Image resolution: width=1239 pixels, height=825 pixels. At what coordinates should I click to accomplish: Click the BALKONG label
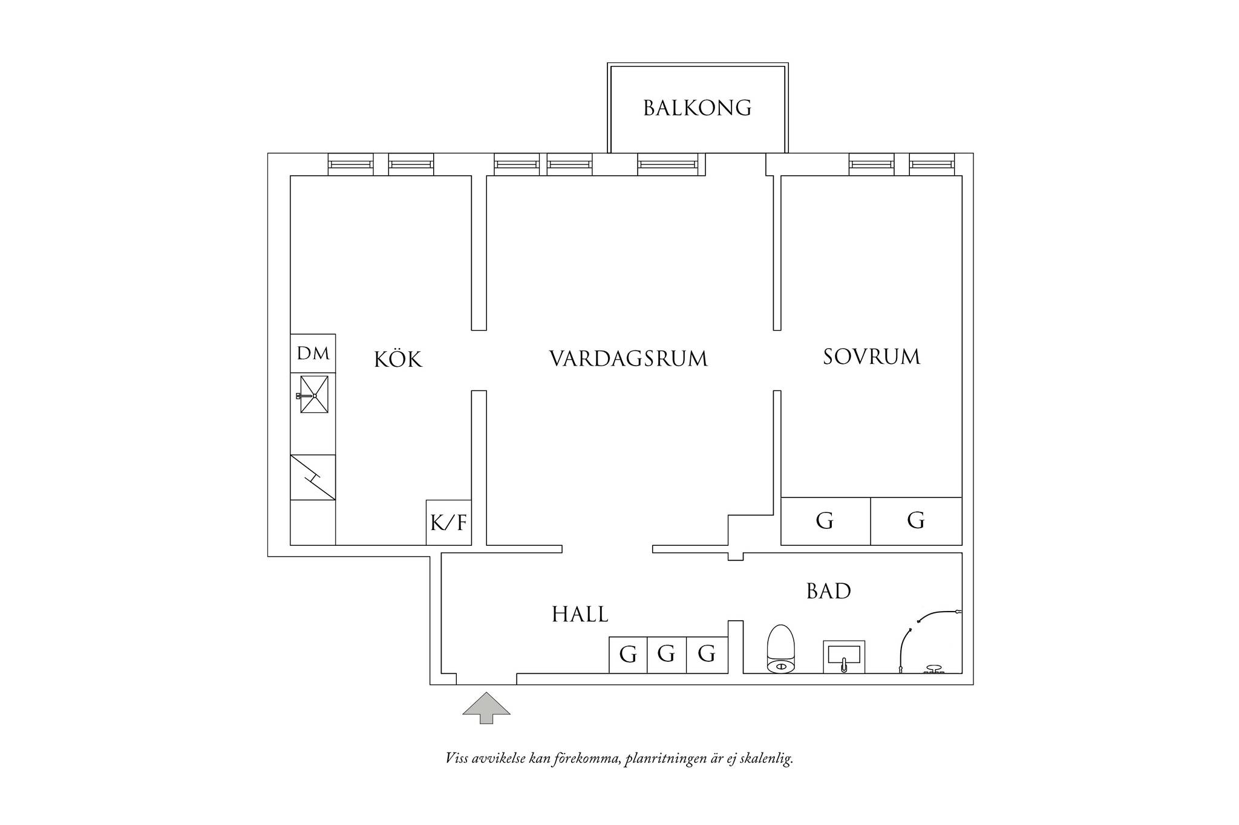pyautogui.click(x=697, y=108)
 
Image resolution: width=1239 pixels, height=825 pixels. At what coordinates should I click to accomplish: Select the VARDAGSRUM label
pyautogui.click(x=629, y=358)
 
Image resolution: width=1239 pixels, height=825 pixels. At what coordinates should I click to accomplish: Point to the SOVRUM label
pyautogui.click(x=872, y=357)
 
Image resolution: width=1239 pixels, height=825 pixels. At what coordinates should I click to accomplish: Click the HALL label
pyautogui.click(x=580, y=615)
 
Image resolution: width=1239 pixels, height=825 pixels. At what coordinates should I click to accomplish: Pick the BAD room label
pyautogui.click(x=829, y=591)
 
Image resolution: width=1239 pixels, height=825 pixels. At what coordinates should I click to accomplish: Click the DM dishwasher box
pyautogui.click(x=313, y=354)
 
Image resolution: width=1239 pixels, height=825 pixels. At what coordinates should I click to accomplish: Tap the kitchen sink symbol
pyautogui.click(x=314, y=395)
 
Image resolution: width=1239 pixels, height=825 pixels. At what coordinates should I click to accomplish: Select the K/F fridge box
pyautogui.click(x=449, y=523)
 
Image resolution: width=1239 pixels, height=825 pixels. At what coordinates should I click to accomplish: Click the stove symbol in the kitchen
pyautogui.click(x=313, y=477)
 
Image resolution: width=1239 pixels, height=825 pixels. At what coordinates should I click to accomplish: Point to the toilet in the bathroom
pyautogui.click(x=781, y=649)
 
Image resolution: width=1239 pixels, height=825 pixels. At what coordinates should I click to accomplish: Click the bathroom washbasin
pyautogui.click(x=844, y=657)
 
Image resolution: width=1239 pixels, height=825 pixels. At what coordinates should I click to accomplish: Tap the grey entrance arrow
pyautogui.click(x=486, y=708)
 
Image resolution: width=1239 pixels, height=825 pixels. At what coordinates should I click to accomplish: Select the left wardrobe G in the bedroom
pyautogui.click(x=826, y=521)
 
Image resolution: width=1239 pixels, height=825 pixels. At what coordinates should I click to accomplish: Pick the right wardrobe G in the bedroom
pyautogui.click(x=917, y=521)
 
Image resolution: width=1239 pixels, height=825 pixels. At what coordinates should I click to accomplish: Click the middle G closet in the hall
pyautogui.click(x=667, y=655)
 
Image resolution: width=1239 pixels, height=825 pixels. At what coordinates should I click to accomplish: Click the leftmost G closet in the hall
pyautogui.click(x=628, y=655)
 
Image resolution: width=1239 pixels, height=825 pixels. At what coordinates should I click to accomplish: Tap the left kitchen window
pyautogui.click(x=351, y=164)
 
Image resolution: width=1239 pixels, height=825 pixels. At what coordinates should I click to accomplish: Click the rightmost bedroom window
pyautogui.click(x=932, y=164)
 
